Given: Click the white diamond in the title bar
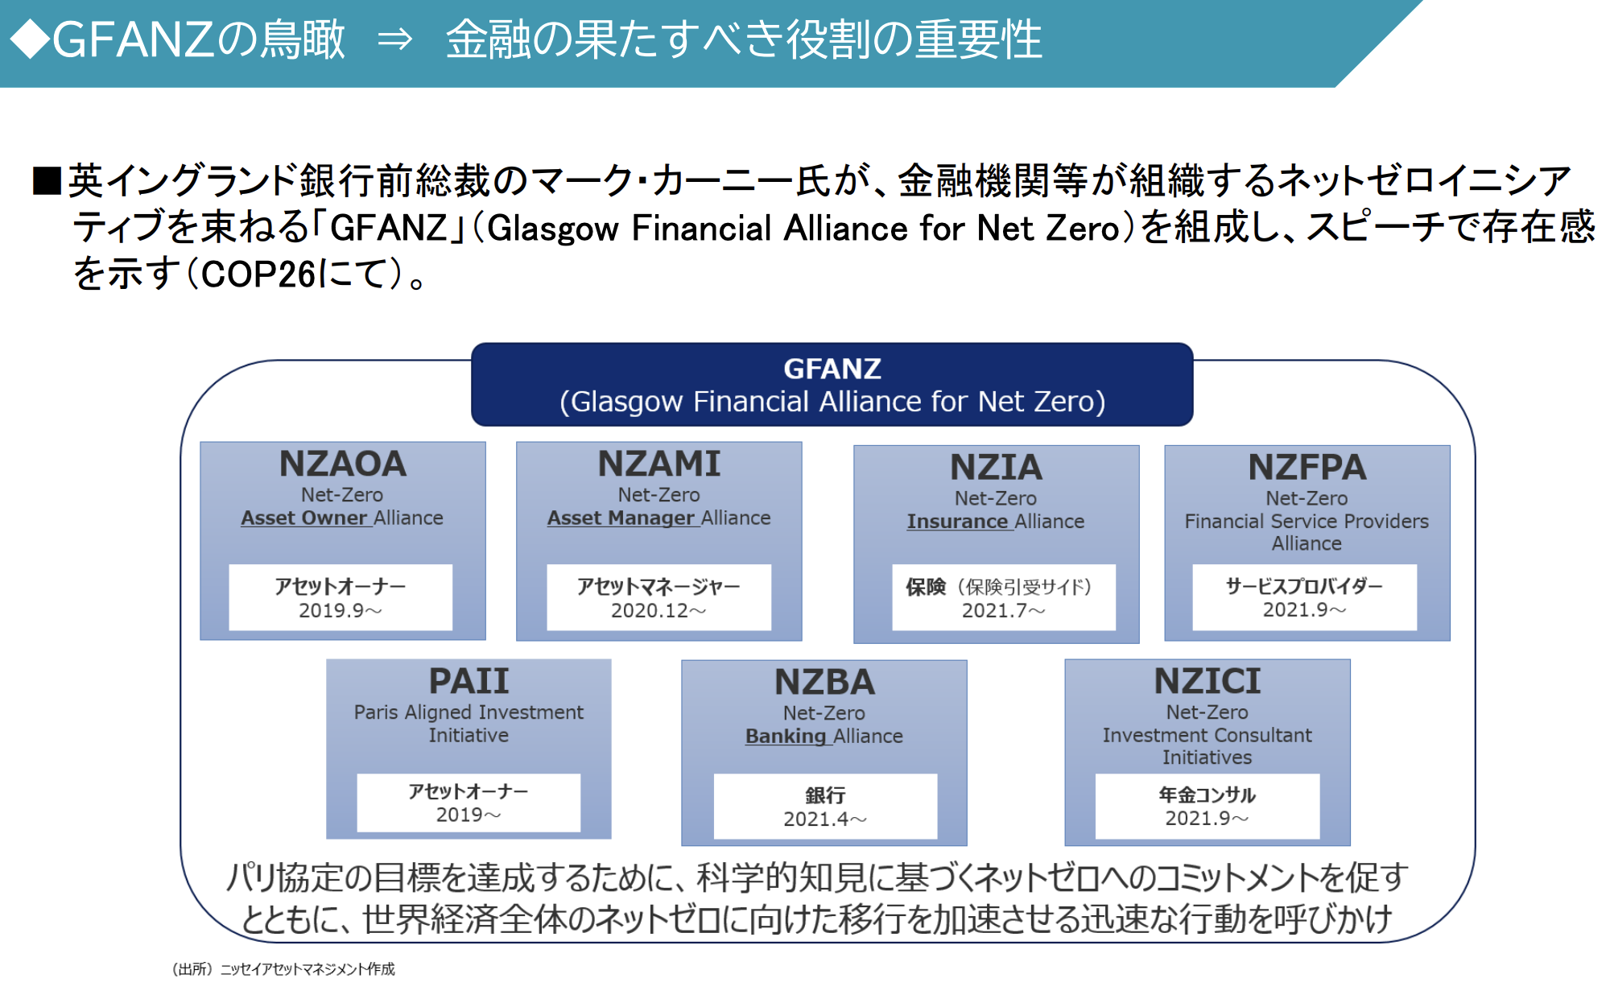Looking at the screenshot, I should coord(31,39).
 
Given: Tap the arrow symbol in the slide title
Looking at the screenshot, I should coord(395,39).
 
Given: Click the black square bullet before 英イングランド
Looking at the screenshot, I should coord(47,181).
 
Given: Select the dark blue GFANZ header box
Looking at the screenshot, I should coord(832,385).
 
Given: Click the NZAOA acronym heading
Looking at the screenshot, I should coord(343,464).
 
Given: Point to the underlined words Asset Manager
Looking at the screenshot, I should coord(621,518).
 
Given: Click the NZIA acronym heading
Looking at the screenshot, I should coord(996,468).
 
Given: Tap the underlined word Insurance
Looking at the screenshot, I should coord(957,522).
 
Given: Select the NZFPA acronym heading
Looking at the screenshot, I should coord(1307,468).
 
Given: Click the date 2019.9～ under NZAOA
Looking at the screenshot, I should coord(340,611).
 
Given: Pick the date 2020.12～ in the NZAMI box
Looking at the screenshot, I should coord(658,611).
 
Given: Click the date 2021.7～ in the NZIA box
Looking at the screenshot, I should coord(1003,611).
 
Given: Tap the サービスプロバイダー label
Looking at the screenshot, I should coord(1304,586).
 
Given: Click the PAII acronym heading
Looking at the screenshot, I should coord(469,682).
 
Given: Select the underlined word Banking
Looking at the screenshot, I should coord(786,737).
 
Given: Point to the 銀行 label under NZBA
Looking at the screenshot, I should coord(825,795).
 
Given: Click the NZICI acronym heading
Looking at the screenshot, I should coord(1207,682).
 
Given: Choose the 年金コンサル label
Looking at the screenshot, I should coord(1207,795).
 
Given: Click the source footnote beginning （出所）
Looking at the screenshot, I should coord(283,969).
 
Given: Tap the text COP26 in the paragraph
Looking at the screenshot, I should coord(258,275).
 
